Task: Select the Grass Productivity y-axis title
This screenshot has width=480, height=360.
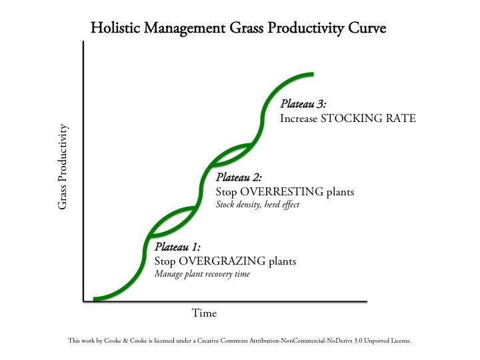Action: (x=63, y=167)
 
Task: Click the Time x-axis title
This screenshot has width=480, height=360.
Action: (x=204, y=313)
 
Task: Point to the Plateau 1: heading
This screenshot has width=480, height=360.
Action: (x=177, y=247)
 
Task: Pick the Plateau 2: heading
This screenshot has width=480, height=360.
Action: (x=239, y=177)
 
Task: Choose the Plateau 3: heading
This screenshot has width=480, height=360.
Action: (x=303, y=104)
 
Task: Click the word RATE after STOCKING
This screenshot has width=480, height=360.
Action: (x=402, y=119)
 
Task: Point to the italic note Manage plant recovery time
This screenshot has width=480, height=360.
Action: (x=202, y=274)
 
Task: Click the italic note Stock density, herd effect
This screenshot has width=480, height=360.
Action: (x=257, y=205)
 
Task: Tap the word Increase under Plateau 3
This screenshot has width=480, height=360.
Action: (x=300, y=119)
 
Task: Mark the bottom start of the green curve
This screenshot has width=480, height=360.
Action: (x=96, y=298)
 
